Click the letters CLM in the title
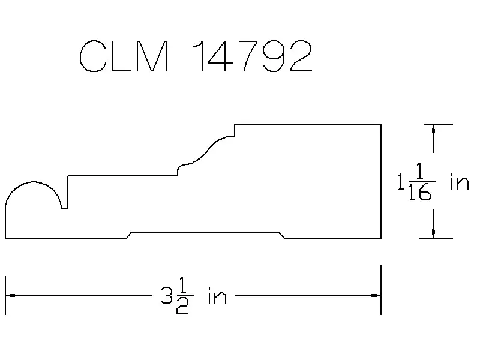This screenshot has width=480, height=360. click(124, 56)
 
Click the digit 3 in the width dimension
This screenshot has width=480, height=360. click(167, 295)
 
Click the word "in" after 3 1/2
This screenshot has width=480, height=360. click(217, 296)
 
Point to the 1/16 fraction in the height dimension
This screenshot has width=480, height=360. click(421, 182)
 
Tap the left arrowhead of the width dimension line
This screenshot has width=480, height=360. click(10, 295)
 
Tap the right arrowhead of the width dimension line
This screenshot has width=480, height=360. click(376, 295)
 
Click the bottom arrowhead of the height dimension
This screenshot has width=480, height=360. click(433, 233)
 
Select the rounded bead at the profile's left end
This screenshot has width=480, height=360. click(33, 182)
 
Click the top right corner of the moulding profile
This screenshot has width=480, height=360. click(381, 124)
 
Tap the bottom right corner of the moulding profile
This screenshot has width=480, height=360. click(381, 238)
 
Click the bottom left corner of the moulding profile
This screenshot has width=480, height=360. click(5, 238)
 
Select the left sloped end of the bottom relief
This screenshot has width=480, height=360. click(129, 235)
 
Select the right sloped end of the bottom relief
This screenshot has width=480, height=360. click(281, 235)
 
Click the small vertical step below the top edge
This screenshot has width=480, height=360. click(235, 130)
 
